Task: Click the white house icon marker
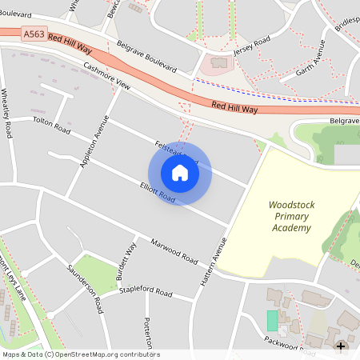pyautogui.click(x=180, y=173)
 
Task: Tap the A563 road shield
pyautogui.click(x=34, y=34)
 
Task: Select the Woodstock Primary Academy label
pyautogui.click(x=291, y=217)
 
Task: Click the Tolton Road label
pyautogui.click(x=51, y=124)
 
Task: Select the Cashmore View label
pyautogui.click(x=106, y=76)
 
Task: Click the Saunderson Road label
pyautogui.click(x=86, y=289)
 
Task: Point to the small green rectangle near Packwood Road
pyautogui.click(x=272, y=321)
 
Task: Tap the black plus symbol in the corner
pyautogui.click(x=342, y=346)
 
